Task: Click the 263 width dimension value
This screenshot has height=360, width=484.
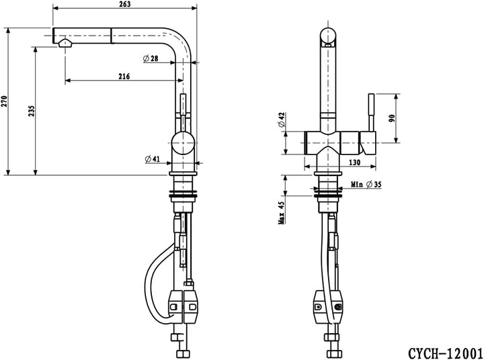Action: click(125, 4)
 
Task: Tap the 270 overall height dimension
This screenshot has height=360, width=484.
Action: click(4, 101)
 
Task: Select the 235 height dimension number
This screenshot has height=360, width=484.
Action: click(32, 111)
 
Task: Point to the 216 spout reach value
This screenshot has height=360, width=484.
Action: click(124, 76)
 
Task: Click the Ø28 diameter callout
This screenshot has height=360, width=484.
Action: click(151, 58)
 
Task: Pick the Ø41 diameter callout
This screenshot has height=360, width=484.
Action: click(153, 159)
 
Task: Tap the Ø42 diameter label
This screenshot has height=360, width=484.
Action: click(282, 120)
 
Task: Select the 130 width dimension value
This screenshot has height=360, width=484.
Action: click(354, 163)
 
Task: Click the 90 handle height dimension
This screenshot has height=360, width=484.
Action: click(392, 118)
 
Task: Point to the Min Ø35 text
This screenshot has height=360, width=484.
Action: click(366, 185)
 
